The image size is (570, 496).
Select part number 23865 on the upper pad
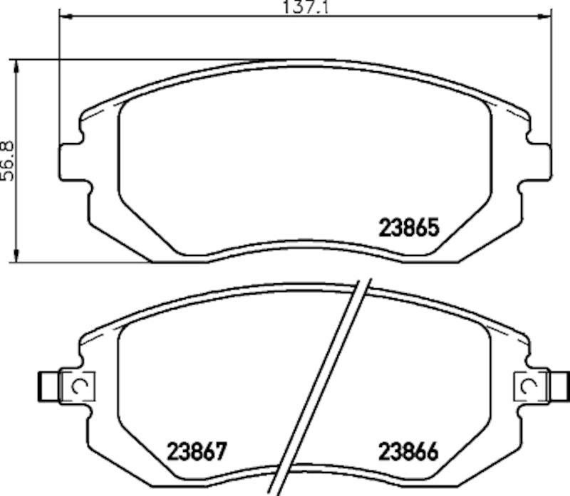click(x=407, y=228)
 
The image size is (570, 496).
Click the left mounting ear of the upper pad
click(x=72, y=162)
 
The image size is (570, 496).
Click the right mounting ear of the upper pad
click(x=538, y=162)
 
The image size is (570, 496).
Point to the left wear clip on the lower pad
click(x=77, y=386)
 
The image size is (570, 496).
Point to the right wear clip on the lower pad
click(x=532, y=386)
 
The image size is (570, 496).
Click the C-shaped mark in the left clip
click(x=81, y=386)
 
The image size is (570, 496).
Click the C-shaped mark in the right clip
click(x=528, y=386)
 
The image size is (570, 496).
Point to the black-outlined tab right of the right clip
click(x=561, y=386)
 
